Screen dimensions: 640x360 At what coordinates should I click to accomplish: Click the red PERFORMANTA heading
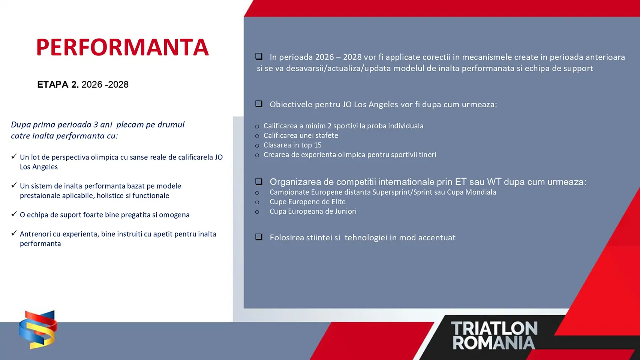point(123,47)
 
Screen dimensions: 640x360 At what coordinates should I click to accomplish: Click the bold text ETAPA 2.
point(58,85)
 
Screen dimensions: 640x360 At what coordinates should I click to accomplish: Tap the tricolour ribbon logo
point(38,330)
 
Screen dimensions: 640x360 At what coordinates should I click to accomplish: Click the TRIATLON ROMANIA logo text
point(494,335)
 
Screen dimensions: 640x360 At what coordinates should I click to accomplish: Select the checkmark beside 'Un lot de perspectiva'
point(14,156)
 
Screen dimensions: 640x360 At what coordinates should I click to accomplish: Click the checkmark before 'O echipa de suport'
point(14,214)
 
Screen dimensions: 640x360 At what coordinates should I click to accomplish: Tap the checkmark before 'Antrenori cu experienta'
point(14,233)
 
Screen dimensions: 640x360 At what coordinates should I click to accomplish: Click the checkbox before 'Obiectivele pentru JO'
point(259,103)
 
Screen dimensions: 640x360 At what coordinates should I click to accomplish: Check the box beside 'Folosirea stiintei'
point(259,237)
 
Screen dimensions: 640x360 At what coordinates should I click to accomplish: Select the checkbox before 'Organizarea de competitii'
point(259,181)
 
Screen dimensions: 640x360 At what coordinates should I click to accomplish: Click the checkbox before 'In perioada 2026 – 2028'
point(259,56)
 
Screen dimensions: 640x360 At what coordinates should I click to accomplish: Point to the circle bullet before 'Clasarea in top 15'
point(257,146)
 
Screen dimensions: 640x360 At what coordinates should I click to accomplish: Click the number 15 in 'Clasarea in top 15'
point(318,145)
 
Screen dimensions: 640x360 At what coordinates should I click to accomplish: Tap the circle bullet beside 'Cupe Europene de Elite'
point(257,202)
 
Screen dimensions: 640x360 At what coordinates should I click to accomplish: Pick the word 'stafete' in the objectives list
point(327,135)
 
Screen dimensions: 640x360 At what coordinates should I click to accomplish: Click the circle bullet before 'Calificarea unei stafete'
point(257,136)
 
